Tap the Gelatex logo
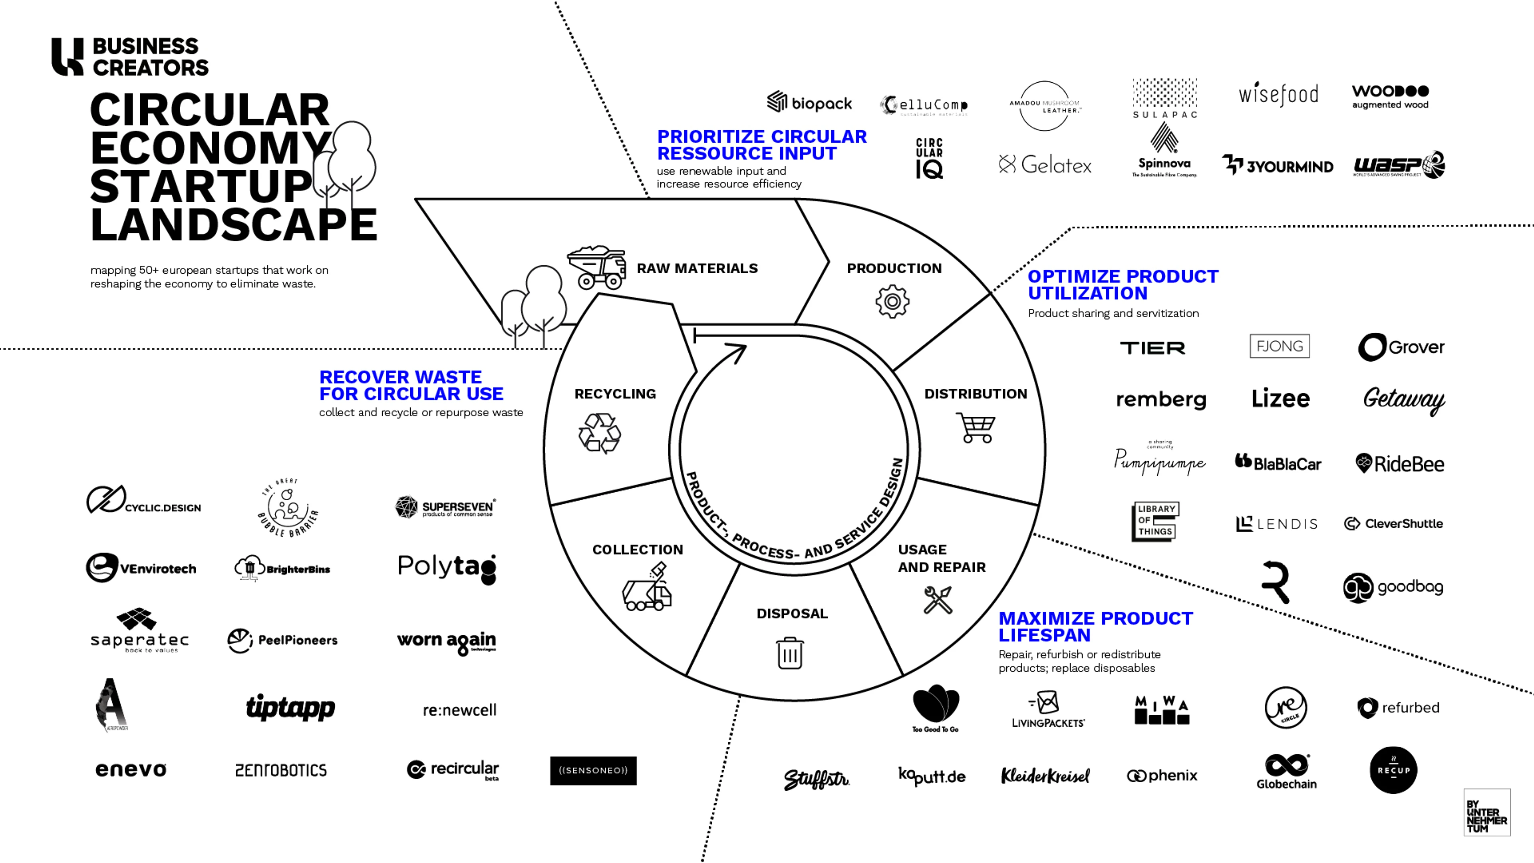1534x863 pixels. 1045,164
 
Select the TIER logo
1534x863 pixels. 1152,348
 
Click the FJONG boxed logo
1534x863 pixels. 1279,346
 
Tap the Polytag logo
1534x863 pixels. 447,568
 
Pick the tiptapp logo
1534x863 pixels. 290,708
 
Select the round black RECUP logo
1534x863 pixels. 1393,770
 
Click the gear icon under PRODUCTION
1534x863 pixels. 892,301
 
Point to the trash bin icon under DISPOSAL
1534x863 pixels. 790,653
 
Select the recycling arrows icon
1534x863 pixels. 599,433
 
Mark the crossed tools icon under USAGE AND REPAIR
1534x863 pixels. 938,600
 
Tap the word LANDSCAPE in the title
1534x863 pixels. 233,225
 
